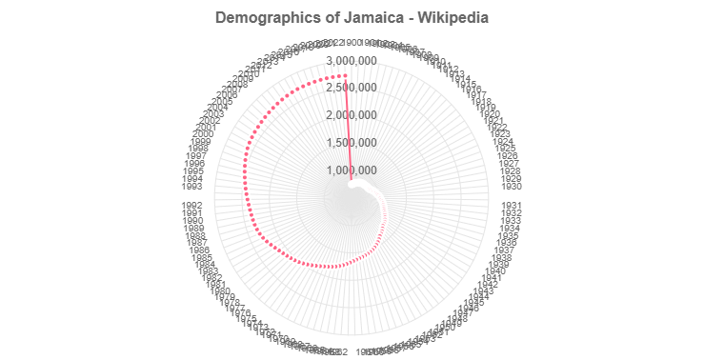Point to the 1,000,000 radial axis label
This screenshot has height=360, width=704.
tap(352, 170)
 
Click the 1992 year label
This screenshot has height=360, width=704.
tap(191, 204)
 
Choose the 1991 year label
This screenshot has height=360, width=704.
tap(192, 212)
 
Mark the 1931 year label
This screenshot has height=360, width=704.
tap(512, 205)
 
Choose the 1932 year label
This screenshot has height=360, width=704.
tap(511, 212)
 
